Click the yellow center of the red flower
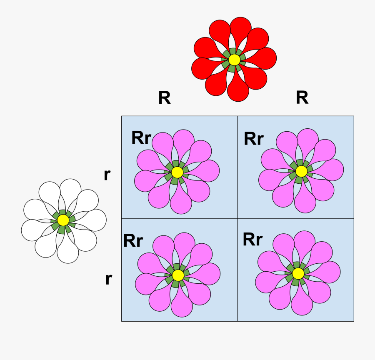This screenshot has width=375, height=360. [x=234, y=60]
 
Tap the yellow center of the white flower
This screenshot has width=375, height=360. [x=63, y=220]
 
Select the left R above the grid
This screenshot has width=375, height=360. [x=165, y=98]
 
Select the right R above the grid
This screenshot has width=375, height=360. [x=302, y=97]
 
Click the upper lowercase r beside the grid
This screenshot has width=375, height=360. [x=107, y=175]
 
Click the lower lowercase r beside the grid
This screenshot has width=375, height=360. [x=108, y=279]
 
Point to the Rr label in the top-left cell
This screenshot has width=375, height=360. [x=141, y=138]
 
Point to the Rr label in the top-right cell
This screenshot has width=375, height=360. [x=254, y=139]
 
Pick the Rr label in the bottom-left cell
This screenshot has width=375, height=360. [x=133, y=241]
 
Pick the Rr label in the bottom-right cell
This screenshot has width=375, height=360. [x=253, y=240]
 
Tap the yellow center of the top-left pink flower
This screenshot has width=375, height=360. [x=177, y=172]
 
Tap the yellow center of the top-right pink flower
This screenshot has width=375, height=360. [x=301, y=171]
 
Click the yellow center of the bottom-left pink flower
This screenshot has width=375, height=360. [x=178, y=275]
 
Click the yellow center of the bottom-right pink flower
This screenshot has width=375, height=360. [x=298, y=273]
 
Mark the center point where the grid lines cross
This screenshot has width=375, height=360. [x=237, y=218]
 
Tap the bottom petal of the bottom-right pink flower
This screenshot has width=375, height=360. [x=302, y=304]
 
